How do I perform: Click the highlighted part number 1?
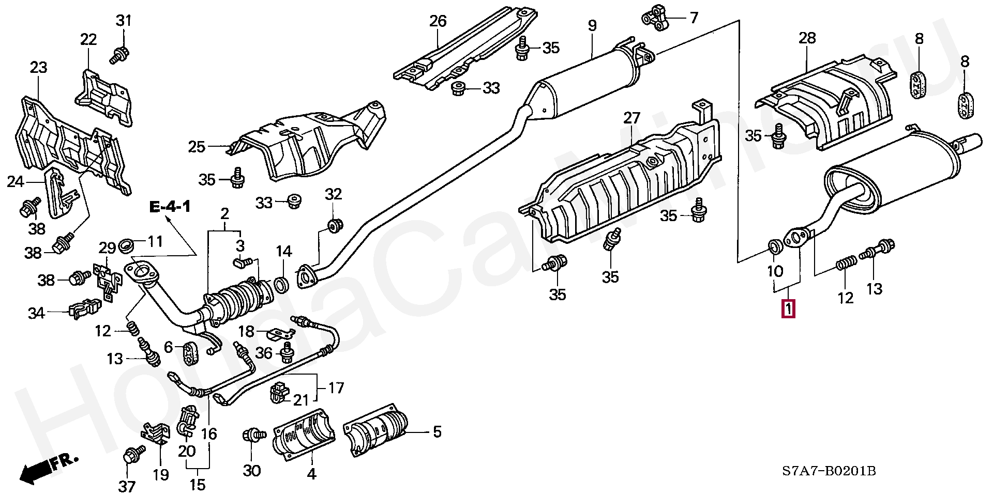(x=788, y=309)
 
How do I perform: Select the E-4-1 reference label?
(x=170, y=208)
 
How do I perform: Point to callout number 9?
(x=592, y=25)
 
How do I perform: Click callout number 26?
(x=438, y=21)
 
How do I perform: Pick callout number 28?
(x=807, y=38)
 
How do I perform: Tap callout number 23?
(x=38, y=67)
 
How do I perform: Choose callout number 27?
(x=631, y=118)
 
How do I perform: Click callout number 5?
(x=437, y=431)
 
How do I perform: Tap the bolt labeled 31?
(x=121, y=53)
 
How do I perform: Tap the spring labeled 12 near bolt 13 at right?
(x=845, y=265)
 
